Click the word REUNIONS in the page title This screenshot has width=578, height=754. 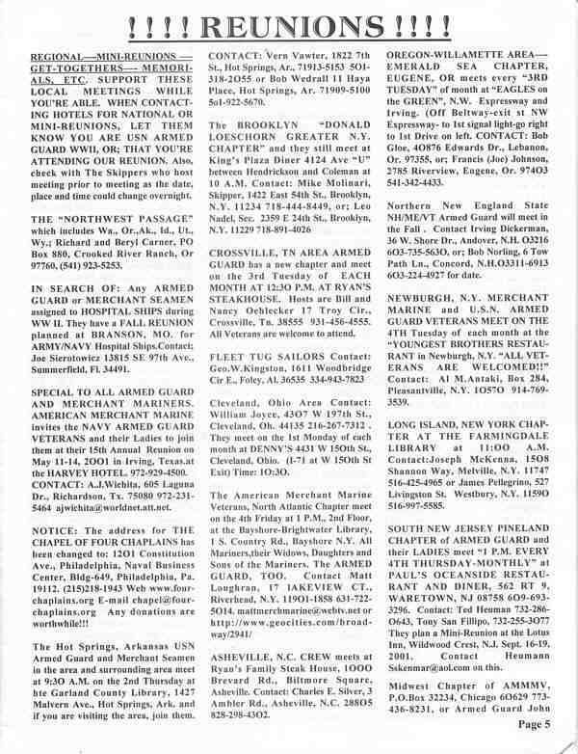288,20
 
